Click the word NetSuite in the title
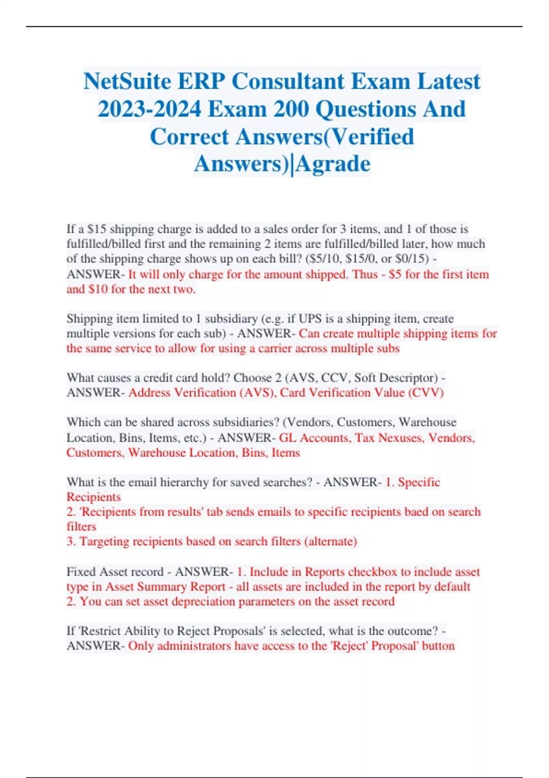[x=126, y=82]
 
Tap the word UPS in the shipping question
[x=311, y=319]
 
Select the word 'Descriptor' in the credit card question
[x=409, y=378]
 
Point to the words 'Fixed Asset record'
[x=115, y=572]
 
